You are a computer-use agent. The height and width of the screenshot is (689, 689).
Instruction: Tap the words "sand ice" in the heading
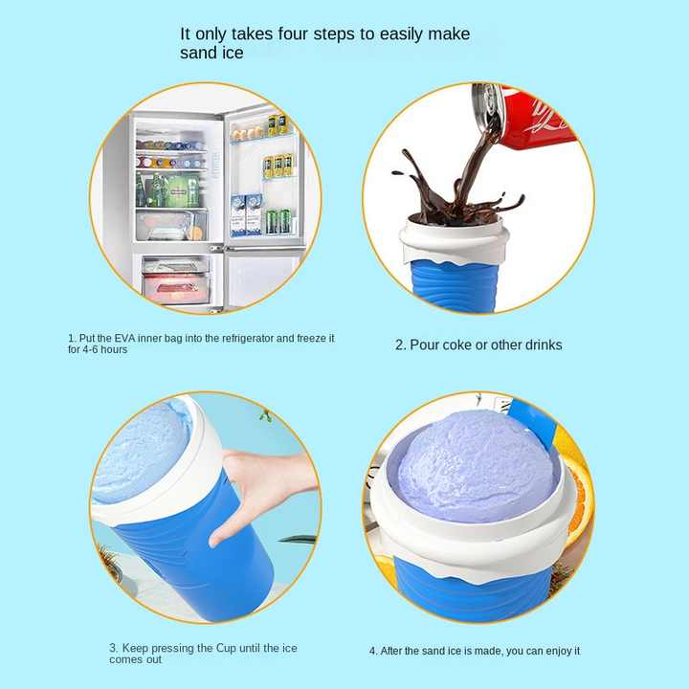point(211,54)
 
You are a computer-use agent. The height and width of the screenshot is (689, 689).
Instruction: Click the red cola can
point(531,117)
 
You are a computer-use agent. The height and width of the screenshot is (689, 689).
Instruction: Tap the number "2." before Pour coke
point(401,344)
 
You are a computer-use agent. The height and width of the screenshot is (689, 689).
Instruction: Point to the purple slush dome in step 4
point(474,464)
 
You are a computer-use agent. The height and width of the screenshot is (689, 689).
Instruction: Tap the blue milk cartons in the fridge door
point(246,214)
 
